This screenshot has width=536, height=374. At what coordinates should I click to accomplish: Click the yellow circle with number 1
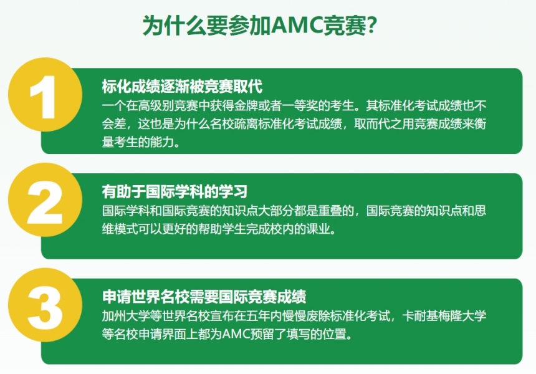pyautogui.click(x=45, y=95)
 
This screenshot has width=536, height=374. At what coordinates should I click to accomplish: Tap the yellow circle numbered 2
pyautogui.click(x=45, y=200)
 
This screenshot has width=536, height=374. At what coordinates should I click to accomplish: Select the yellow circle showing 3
pyautogui.click(x=45, y=305)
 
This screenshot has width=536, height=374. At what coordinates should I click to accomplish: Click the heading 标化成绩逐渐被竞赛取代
pyautogui.click(x=182, y=86)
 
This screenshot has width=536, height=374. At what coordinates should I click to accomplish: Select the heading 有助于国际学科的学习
pyautogui.click(x=175, y=191)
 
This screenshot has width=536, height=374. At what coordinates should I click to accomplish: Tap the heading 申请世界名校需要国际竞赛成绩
pyautogui.click(x=204, y=297)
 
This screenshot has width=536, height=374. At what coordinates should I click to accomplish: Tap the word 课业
pyautogui.click(x=318, y=229)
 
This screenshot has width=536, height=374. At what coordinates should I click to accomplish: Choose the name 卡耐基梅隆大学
pyautogui.click(x=444, y=316)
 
